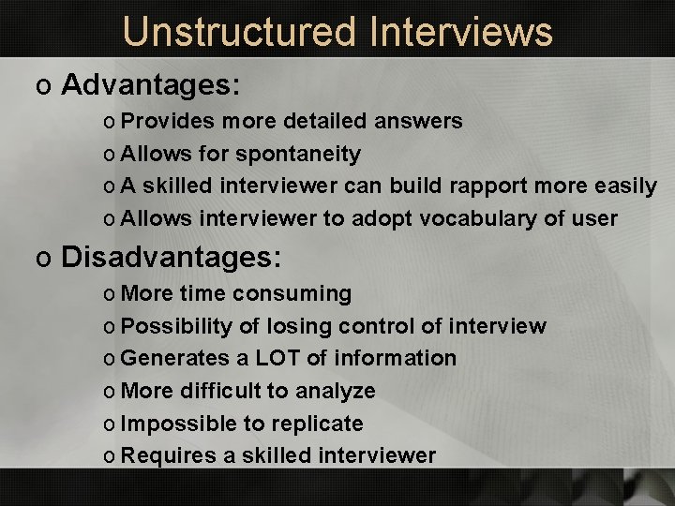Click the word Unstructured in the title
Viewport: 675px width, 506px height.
tap(239, 31)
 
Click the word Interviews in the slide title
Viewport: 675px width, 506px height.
tap(461, 31)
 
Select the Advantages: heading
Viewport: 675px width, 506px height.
tap(151, 86)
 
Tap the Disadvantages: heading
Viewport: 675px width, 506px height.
tap(171, 257)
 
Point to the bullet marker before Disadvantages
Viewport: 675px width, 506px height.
tap(42, 259)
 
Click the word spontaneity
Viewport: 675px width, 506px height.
tap(298, 154)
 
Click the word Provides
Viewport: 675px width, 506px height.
tap(156, 121)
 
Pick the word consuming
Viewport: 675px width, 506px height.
tap(292, 294)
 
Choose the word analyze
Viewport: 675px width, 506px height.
tap(333, 391)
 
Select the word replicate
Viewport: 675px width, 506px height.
tap(318, 424)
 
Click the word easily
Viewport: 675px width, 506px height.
tap(625, 186)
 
